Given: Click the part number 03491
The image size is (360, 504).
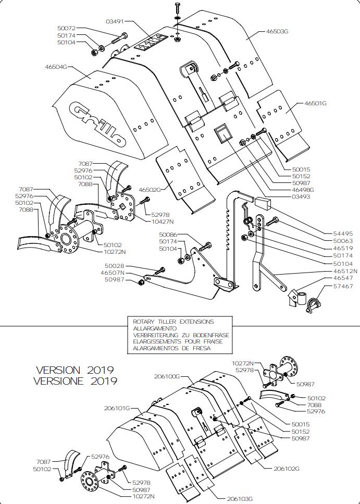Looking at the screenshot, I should pos(115,21).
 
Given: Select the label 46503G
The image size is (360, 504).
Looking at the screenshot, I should pos(277,31).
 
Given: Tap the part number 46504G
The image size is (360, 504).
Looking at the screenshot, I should pos(57,67).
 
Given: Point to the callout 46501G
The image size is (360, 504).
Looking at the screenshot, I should pos(315,103).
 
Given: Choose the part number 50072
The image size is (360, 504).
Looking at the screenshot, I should pos(67,28).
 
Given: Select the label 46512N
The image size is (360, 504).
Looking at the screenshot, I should pos(345,271).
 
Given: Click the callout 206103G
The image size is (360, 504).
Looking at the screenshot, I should pos(240,499).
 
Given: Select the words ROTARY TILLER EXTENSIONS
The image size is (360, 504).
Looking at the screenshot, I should pos(173,322).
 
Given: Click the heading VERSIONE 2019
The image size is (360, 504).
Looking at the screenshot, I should pos(75,381).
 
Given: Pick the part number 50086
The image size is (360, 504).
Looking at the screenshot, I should pos(168,235).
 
